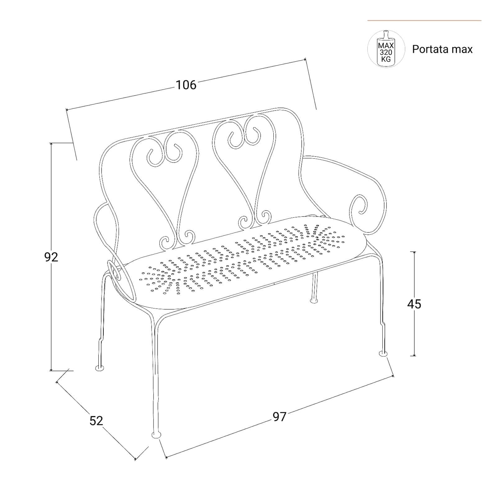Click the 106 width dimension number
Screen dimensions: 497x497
[x=186, y=85]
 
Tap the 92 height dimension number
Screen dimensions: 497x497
[x=51, y=257]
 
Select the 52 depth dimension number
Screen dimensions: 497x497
[x=96, y=421]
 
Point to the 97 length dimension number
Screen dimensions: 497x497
[x=279, y=417]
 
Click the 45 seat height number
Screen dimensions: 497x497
[x=414, y=304]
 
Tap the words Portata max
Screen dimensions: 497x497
[x=442, y=49]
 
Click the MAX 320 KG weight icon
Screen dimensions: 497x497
[x=386, y=49]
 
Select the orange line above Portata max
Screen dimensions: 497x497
[x=424, y=21]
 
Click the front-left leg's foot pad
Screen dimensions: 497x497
[x=156, y=435]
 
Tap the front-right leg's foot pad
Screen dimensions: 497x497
[x=384, y=353]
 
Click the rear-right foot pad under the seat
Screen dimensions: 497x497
[x=314, y=300]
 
